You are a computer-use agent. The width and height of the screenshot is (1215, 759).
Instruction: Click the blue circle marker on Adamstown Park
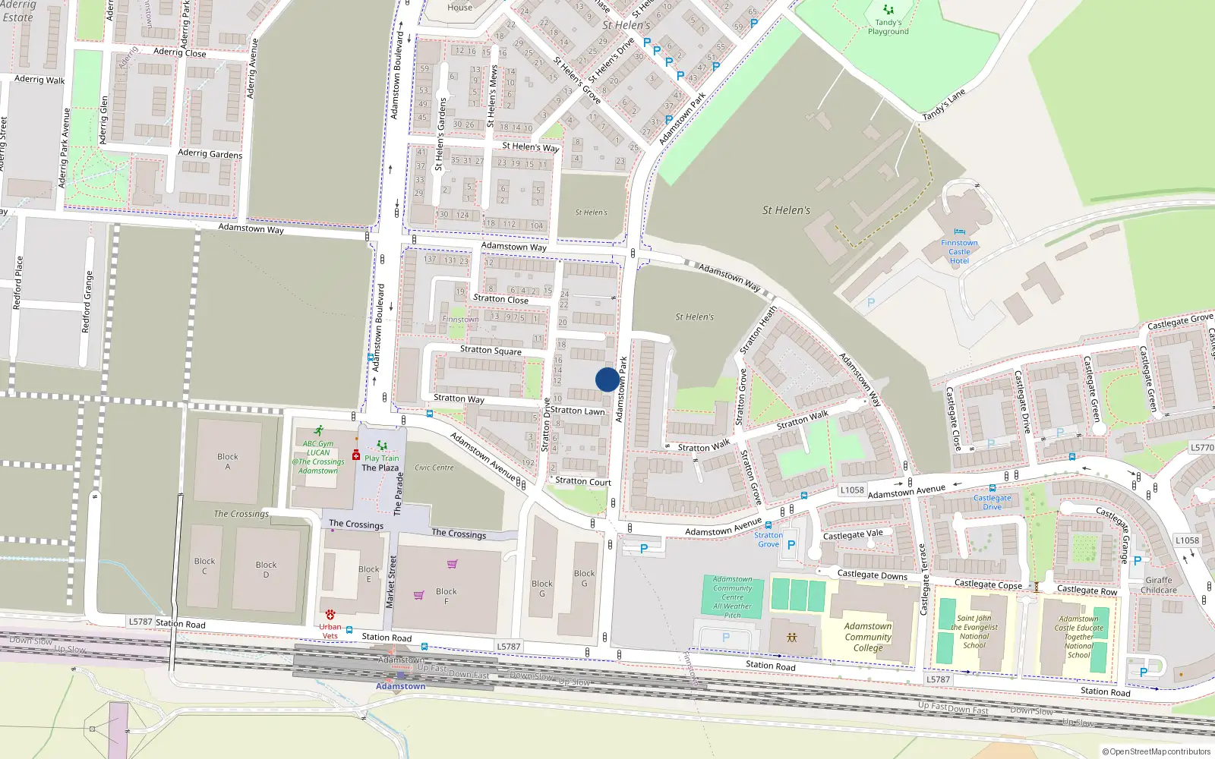point(607,379)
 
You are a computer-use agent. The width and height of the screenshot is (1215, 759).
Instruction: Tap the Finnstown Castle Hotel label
point(959,252)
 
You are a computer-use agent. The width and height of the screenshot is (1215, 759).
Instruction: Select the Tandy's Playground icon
point(888,10)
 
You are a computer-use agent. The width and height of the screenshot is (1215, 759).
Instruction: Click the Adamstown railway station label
point(400,686)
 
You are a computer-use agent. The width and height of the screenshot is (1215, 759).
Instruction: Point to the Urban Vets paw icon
point(330,614)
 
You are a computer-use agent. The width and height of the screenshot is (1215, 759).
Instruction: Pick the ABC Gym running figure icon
point(319,430)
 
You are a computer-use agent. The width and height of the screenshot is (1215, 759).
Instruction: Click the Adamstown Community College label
point(868,637)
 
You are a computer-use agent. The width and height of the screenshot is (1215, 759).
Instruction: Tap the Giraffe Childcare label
point(1159,585)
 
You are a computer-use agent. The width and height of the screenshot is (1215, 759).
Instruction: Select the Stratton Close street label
point(500,299)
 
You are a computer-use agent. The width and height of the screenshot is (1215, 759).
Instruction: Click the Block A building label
point(227,461)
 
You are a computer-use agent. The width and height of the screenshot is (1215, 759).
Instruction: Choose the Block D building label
point(266,569)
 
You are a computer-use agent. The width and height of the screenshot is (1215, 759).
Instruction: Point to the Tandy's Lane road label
point(944,105)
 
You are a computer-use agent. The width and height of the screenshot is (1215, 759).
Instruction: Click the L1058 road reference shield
point(852,490)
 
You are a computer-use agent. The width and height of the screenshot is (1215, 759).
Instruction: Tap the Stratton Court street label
point(582,481)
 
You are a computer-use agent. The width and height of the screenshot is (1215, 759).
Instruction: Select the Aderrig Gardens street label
point(210,153)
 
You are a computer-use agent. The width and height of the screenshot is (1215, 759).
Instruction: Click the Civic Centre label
point(434,468)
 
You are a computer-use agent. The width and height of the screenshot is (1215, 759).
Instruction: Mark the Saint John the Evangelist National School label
point(974,631)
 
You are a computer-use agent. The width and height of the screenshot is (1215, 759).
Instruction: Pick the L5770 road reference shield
point(1202,448)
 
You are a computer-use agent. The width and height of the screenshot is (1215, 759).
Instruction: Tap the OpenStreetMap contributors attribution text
point(1157,751)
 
